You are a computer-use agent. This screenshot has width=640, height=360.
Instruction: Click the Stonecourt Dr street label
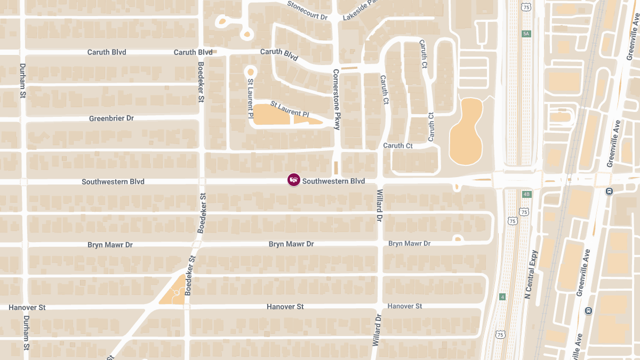pyautogui.click(x=307, y=10)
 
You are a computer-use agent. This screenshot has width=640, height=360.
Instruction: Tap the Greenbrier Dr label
pyautogui.click(x=111, y=118)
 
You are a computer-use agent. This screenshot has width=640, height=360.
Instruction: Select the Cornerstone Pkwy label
pyautogui.click(x=336, y=100)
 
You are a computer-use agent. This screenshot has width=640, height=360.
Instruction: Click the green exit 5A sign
pyautogui.click(x=526, y=34)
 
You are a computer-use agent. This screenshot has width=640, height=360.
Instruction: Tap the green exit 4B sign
pyautogui.click(x=526, y=194)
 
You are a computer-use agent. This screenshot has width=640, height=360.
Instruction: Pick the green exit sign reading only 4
pyautogui.click(x=502, y=297)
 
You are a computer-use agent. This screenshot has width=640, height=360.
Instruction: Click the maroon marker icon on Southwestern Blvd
pyautogui.click(x=294, y=180)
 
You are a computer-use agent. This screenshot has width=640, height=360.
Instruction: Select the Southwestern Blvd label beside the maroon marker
pyautogui.click(x=333, y=181)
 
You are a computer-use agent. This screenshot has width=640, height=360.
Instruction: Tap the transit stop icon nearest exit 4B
pyautogui.click(x=609, y=191)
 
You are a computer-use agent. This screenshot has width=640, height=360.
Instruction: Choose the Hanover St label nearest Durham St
pyautogui.click(x=27, y=308)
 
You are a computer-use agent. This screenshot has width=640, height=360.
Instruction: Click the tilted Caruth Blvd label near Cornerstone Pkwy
pyautogui.click(x=279, y=54)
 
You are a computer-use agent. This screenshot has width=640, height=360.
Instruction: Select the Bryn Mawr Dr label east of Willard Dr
pyautogui.click(x=409, y=243)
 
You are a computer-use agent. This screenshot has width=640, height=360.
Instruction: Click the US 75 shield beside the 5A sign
pyautogui.click(x=526, y=7)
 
